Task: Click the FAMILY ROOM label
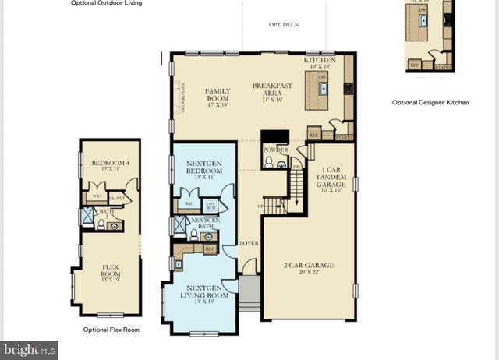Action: (x=218, y=95)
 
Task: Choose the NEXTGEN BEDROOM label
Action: (x=204, y=168)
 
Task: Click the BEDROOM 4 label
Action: (x=108, y=166)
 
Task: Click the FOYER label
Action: (x=249, y=243)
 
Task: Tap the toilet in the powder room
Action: (x=269, y=162)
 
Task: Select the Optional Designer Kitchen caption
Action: (x=430, y=102)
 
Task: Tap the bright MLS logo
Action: (x=30, y=350)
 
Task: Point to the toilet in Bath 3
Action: (x=101, y=224)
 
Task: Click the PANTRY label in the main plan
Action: (x=344, y=137)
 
